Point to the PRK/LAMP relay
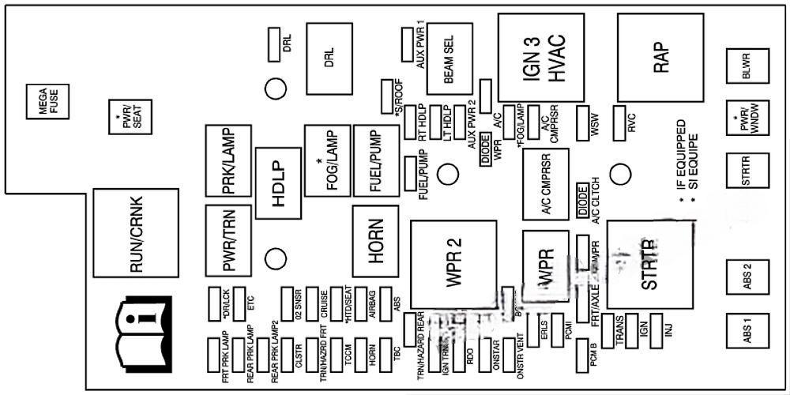(228, 162)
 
